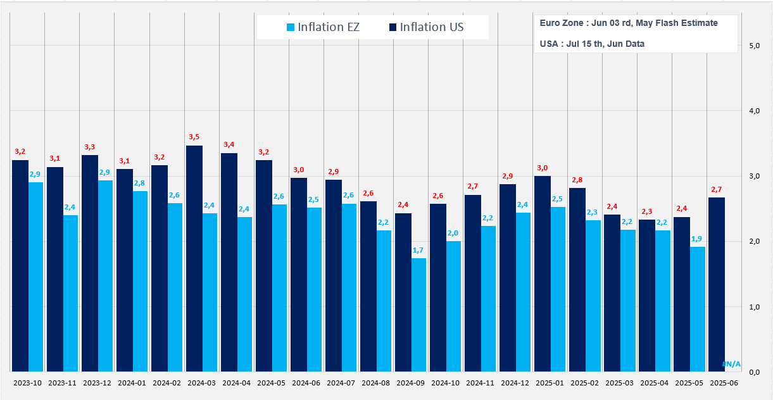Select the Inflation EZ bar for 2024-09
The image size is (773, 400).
[x=418, y=315]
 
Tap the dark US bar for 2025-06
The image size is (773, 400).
[x=716, y=284]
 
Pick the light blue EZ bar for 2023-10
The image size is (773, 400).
[x=35, y=277]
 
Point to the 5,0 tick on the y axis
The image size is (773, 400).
[x=754, y=46]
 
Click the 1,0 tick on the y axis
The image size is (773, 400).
[x=754, y=307]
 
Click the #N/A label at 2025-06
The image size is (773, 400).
[x=731, y=364]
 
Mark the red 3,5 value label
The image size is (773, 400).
[x=194, y=137]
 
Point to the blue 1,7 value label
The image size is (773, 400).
[x=418, y=250]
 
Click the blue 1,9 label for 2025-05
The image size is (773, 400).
[x=697, y=239]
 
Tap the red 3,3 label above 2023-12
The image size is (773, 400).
[x=89, y=147]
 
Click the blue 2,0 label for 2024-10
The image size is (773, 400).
[x=453, y=233]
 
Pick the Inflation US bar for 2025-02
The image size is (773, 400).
[x=577, y=279]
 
